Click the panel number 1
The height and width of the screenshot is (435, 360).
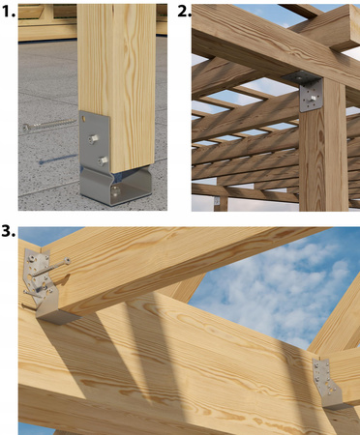(7, 12)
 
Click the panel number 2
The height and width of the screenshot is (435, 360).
(184, 12)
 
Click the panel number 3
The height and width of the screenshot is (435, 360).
(8, 231)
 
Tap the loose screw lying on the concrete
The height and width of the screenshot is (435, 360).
(49, 125)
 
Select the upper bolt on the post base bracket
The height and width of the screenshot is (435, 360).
(93, 139)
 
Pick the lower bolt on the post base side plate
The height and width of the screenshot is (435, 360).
(103, 160)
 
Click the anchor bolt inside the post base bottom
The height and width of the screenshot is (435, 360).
(115, 191)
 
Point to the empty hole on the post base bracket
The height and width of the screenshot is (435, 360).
(84, 119)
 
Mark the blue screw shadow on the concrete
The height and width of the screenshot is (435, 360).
(57, 159)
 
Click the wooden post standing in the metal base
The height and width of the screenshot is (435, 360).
(116, 87)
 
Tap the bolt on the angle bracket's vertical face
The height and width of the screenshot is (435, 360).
(313, 98)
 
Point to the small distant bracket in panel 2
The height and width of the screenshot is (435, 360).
(217, 201)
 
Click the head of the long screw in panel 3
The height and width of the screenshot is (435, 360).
(67, 260)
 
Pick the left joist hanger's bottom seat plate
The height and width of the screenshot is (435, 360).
(57, 317)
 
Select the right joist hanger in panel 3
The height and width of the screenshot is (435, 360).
(327, 384)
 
